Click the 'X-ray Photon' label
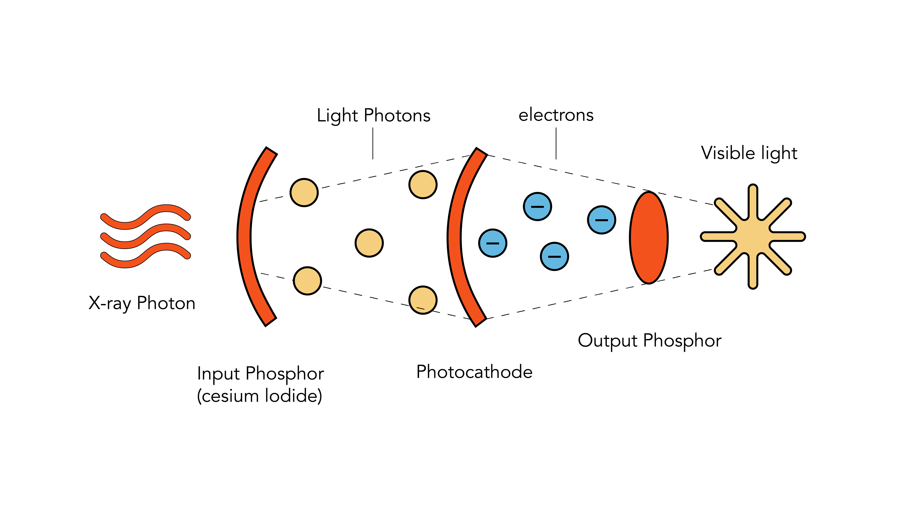(142, 303)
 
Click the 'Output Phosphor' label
(650, 341)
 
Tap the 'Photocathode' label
(474, 372)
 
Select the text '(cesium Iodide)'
(260, 396)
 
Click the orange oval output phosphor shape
(649, 237)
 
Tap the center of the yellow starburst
(753, 236)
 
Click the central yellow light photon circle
(369, 243)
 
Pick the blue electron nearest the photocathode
(492, 243)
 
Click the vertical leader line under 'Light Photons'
(373, 143)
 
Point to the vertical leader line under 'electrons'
(556, 143)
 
